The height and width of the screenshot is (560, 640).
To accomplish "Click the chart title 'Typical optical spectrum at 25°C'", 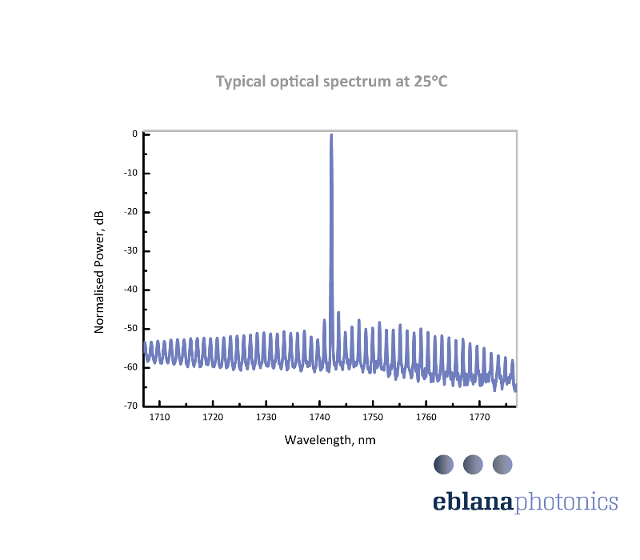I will point(332,82).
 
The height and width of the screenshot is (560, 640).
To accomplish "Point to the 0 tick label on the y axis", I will point(135,134).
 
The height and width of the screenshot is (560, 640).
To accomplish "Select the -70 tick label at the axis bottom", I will point(131,406).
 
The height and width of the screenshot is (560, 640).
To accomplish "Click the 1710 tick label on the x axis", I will point(159,418).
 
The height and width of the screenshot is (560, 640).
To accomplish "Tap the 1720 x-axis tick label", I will point(213,418).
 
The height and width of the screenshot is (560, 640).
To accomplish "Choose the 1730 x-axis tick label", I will point(266,418).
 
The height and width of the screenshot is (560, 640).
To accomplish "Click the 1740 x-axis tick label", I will point(319,418).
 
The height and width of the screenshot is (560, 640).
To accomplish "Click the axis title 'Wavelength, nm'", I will point(330,440).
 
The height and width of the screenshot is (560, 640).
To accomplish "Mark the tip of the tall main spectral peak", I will point(331,135).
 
